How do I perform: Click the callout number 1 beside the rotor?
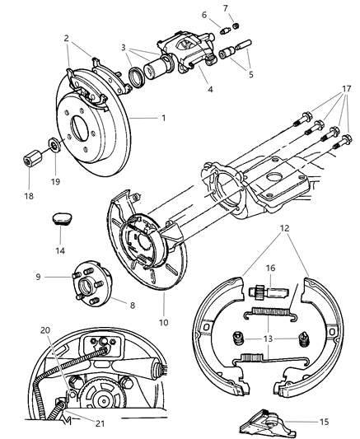click(x=163, y=118)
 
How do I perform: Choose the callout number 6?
click(x=204, y=14)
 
